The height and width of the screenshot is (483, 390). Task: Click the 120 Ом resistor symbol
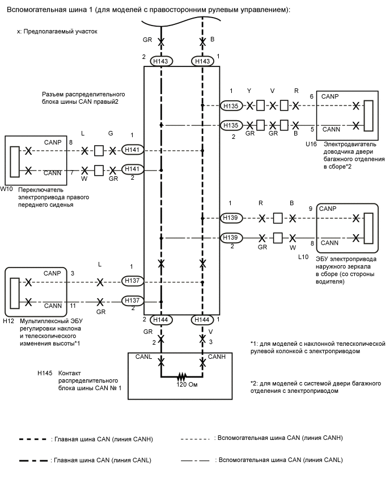click(182, 376)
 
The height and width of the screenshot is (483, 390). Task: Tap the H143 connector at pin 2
click(162, 61)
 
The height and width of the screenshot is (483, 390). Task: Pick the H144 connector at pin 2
click(162, 320)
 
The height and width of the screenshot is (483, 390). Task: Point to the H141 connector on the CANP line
click(133, 150)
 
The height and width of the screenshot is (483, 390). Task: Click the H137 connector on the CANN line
click(133, 301)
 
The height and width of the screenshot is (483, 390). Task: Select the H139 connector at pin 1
click(231, 218)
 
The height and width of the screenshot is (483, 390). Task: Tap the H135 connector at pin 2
click(231, 125)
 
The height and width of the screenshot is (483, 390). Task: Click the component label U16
click(311, 145)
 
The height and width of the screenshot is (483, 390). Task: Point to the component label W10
click(7, 188)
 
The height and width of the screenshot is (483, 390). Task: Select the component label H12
click(9, 320)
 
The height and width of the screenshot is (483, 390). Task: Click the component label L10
click(303, 256)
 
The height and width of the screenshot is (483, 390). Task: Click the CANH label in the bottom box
click(217, 357)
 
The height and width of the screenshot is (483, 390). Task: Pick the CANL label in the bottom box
click(143, 357)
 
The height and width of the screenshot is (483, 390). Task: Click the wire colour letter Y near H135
click(249, 91)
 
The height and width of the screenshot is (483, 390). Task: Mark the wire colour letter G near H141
click(111, 134)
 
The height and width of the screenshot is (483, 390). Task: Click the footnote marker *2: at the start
click(254, 384)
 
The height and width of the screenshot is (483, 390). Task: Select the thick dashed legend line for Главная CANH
click(33, 439)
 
